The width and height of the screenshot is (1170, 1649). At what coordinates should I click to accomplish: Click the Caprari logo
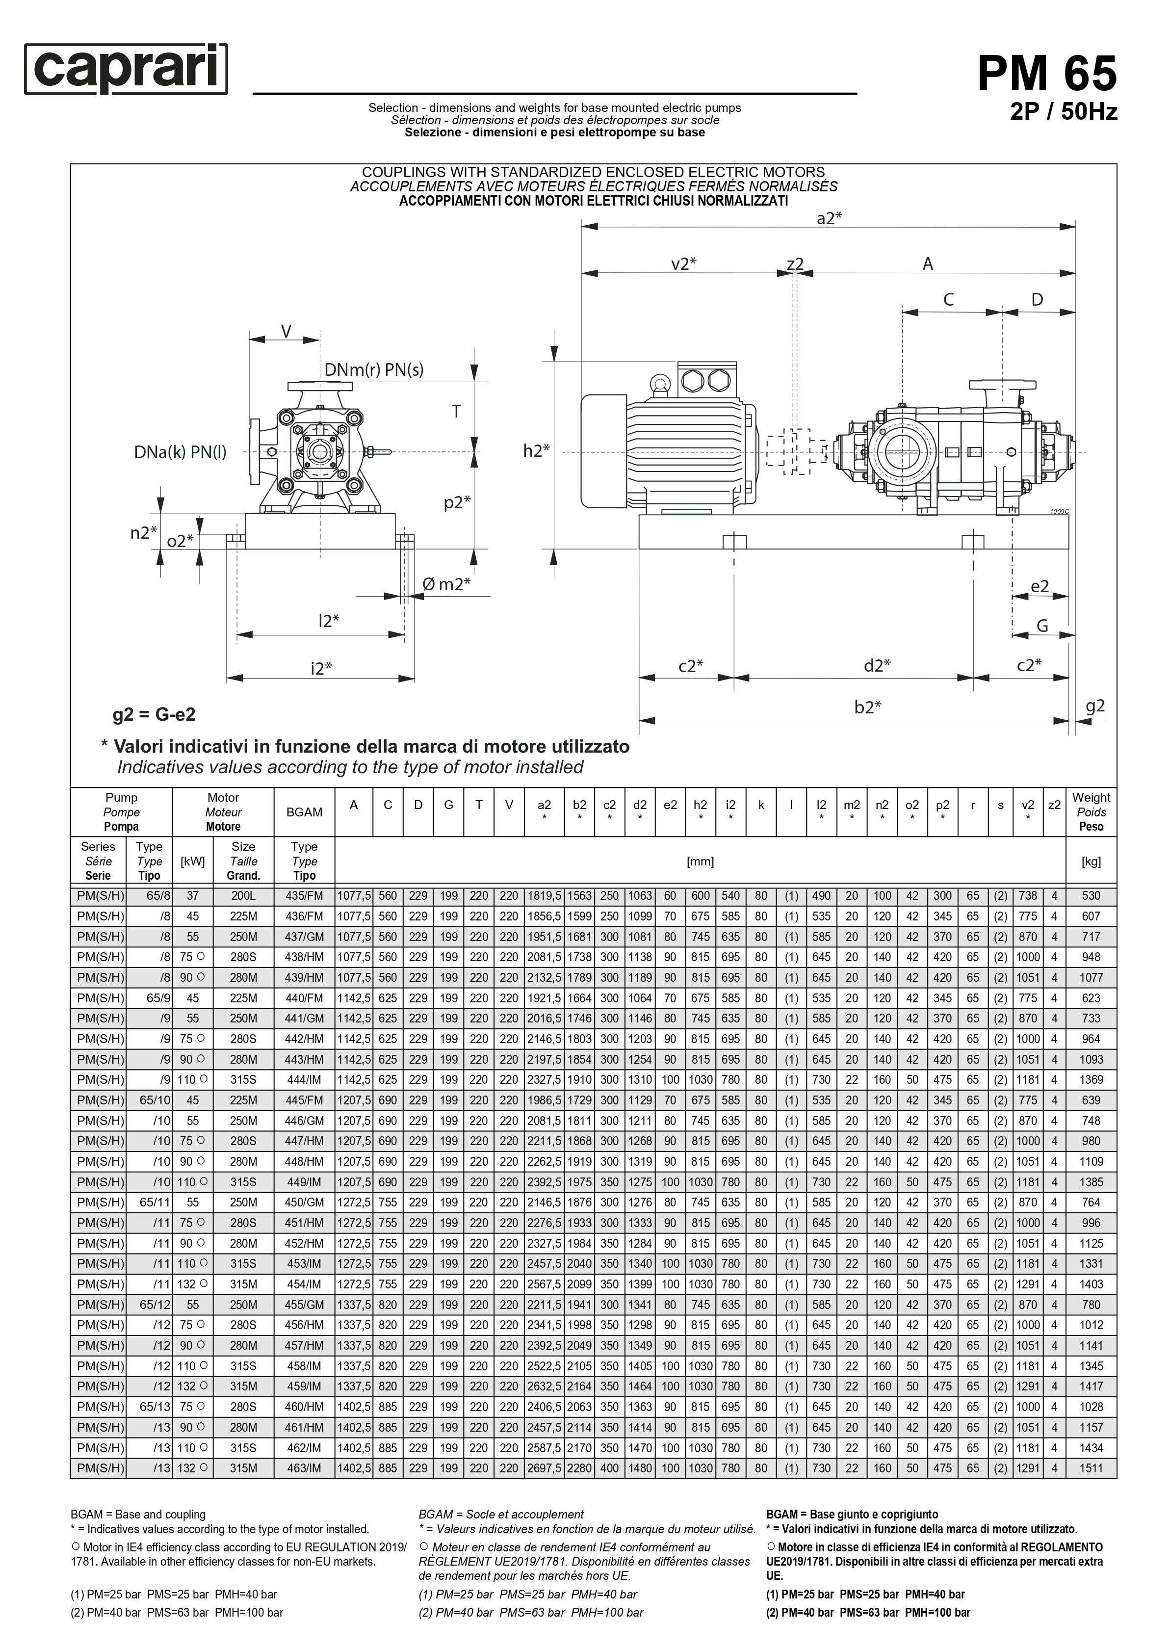point(126,69)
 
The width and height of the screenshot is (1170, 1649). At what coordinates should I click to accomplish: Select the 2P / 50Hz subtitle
point(1064,112)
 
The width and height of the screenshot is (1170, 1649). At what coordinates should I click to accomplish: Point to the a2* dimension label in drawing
point(829,218)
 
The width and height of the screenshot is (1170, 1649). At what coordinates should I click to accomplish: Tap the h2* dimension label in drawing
point(536,451)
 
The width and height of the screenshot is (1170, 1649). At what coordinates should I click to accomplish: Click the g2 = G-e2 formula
point(154,715)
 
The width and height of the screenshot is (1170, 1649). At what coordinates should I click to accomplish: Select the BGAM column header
point(304,812)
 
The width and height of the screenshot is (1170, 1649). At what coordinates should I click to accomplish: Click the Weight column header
point(1091,812)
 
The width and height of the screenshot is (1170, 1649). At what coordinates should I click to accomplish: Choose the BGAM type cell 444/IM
point(304,1080)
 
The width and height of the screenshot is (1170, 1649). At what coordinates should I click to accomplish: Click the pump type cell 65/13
point(149,1407)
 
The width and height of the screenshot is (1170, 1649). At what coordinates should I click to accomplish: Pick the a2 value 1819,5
point(545,896)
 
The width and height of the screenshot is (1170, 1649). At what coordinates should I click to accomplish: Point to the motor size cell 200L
point(243,896)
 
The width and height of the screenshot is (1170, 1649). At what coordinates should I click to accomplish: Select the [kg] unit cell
point(1091,861)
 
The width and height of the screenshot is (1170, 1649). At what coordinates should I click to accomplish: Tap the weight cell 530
point(1091,896)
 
